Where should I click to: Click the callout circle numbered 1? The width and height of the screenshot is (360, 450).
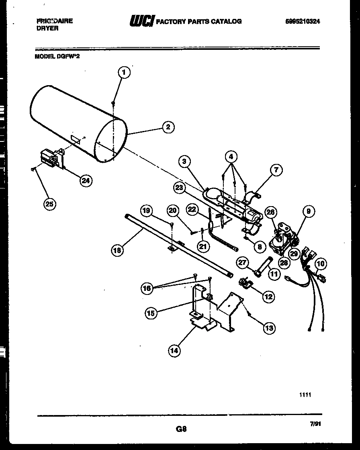click(124, 73)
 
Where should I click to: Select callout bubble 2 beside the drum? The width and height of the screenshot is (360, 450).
click(168, 127)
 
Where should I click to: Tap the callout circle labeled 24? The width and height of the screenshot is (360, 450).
click(85, 180)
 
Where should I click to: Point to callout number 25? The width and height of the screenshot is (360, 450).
click(49, 204)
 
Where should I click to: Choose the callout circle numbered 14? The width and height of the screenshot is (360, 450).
click(174, 350)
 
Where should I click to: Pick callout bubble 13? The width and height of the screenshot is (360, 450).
click(269, 328)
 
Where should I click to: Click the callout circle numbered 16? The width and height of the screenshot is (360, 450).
click(147, 288)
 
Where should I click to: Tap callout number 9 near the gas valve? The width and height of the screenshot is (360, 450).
click(309, 211)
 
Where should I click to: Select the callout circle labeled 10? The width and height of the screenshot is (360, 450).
click(321, 264)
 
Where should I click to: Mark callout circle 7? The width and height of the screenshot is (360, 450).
click(276, 170)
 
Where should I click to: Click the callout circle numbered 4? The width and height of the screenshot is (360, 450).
click(231, 156)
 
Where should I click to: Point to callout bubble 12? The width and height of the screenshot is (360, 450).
click(268, 297)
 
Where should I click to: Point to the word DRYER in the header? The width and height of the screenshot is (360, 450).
click(47, 29)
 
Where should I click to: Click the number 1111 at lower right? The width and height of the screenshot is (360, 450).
click(305, 395)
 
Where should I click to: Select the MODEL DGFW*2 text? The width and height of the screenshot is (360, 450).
click(57, 57)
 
